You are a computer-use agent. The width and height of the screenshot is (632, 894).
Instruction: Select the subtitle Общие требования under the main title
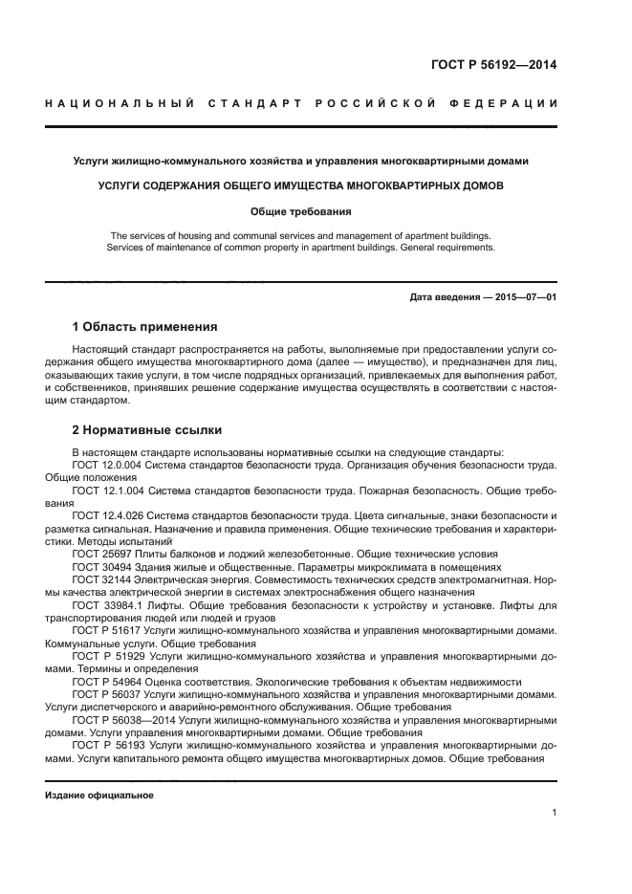(301, 211)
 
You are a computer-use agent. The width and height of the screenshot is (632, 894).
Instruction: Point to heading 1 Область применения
(144, 326)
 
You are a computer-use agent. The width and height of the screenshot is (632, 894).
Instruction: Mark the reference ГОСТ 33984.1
(103, 605)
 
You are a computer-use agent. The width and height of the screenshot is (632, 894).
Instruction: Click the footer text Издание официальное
(99, 795)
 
